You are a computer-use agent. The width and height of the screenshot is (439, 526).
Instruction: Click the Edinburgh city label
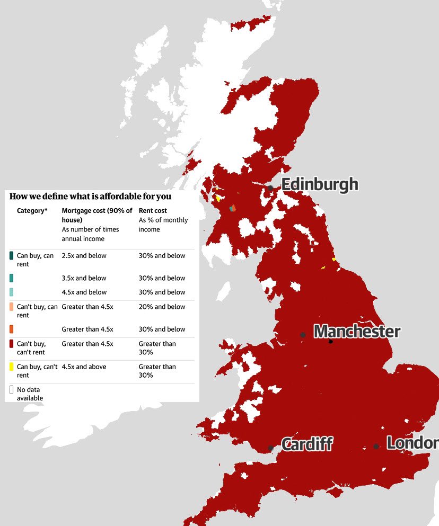(x=319, y=185)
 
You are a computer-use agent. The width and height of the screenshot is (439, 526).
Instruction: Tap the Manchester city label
(x=357, y=332)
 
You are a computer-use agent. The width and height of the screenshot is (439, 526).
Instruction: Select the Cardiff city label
(x=306, y=444)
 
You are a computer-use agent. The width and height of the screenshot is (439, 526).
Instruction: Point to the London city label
(x=412, y=443)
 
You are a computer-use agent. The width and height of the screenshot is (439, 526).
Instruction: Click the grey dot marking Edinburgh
(x=270, y=188)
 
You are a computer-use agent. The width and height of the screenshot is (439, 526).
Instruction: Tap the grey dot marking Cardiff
(x=271, y=448)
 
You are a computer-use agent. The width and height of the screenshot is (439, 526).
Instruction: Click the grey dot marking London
(x=376, y=447)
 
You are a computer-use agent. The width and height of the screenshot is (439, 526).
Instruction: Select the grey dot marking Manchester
(x=303, y=335)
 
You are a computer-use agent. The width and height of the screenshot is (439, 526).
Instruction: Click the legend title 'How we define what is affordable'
(x=91, y=197)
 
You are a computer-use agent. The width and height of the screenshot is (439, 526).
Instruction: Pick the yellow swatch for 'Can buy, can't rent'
(x=12, y=367)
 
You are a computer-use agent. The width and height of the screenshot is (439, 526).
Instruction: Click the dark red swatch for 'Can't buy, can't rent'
(x=12, y=344)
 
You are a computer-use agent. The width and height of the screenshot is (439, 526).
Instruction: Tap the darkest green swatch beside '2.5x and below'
(x=12, y=256)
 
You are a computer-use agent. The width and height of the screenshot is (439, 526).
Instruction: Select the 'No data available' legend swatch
(x=12, y=389)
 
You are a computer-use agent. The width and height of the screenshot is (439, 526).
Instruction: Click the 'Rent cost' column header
(x=153, y=211)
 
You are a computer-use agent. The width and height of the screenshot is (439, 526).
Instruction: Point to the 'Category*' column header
(x=32, y=211)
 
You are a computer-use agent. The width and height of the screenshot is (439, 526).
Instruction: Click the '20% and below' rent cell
(x=162, y=307)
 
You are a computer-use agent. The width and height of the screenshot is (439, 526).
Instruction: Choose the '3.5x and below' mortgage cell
(x=84, y=278)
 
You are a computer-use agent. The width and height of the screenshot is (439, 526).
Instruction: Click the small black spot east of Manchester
(x=330, y=342)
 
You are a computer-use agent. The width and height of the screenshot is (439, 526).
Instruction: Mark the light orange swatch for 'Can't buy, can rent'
(x=12, y=307)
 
